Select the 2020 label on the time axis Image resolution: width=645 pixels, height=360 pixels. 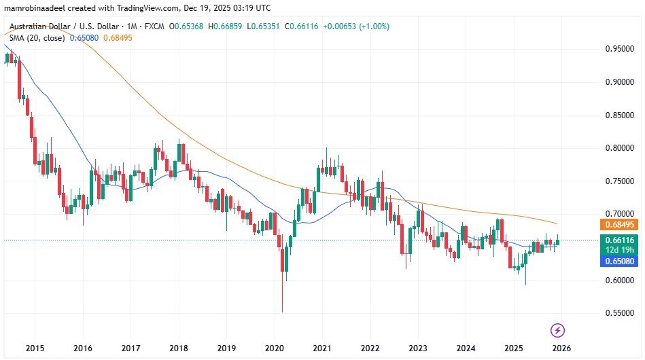tap(274, 347)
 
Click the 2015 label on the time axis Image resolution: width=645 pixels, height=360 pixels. tap(34, 347)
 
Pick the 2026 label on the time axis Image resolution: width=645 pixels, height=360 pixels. tap(561, 347)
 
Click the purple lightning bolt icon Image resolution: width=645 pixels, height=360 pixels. tap(558, 331)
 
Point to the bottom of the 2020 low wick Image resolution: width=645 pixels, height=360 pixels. tap(281, 312)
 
